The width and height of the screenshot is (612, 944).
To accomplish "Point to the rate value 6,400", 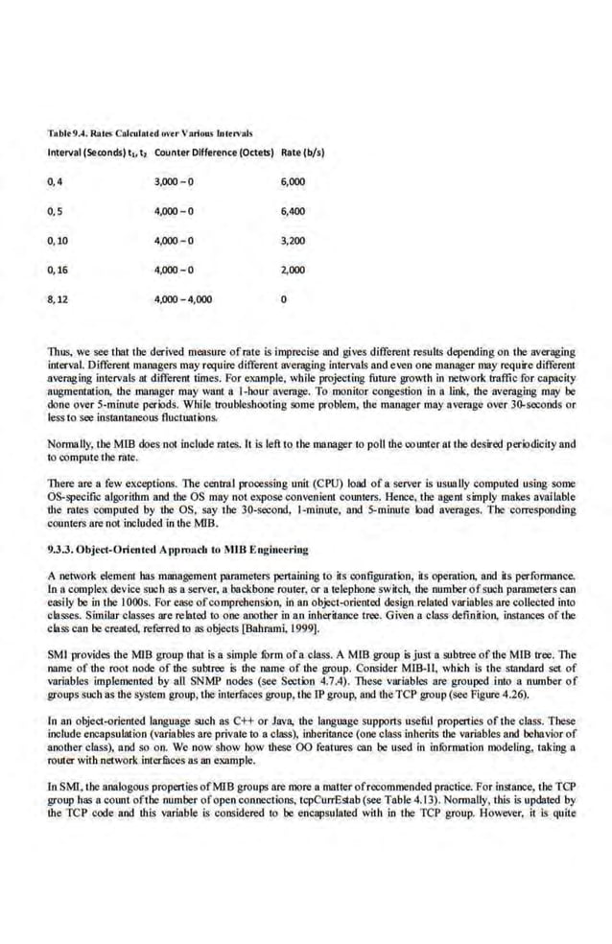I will pos(293,210).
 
